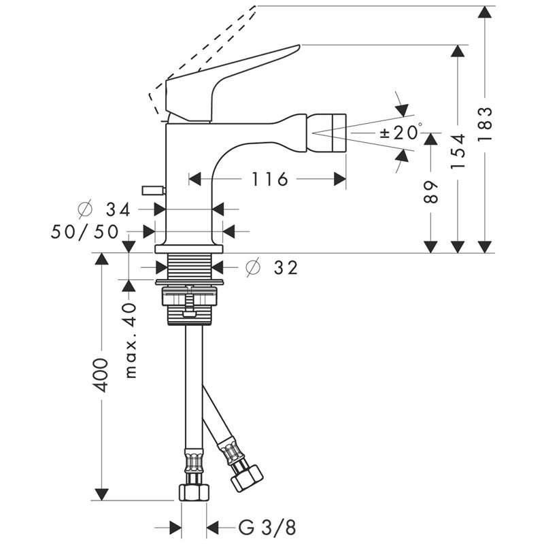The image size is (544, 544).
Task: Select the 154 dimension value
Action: click(460, 151)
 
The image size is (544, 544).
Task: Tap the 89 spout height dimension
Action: click(430, 193)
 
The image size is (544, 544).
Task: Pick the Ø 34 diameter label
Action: click(108, 209)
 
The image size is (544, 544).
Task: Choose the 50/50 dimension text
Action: click(86, 231)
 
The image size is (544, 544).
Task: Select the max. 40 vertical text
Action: click(130, 341)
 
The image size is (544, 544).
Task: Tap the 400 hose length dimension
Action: click(101, 374)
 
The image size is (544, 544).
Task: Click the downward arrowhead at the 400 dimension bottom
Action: click(101, 494)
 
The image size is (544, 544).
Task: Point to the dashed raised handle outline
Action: click(204, 48)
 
